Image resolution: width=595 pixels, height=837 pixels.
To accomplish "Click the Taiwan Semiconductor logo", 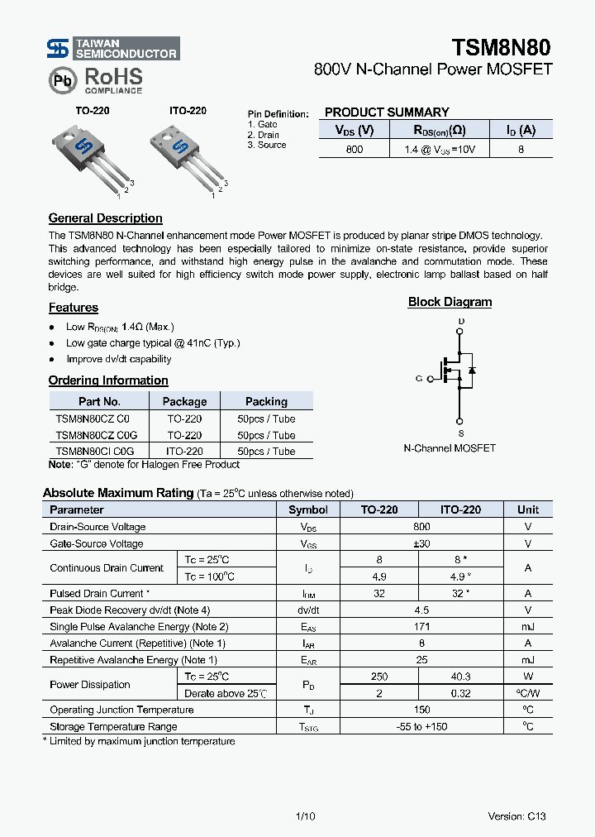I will pyautogui.click(x=112, y=49).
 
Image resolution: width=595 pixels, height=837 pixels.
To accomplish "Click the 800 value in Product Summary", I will pyautogui.click(x=354, y=150).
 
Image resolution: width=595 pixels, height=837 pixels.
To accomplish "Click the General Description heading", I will pyautogui.click(x=105, y=218).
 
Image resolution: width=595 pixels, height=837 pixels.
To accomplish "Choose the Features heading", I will pyautogui.click(x=73, y=308).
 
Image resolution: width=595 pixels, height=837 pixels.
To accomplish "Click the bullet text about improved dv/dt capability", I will pyautogui.click(x=118, y=359).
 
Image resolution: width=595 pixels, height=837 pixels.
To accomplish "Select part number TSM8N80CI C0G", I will pyautogui.click(x=94, y=452).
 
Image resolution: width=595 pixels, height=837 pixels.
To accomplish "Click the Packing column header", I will pyautogui.click(x=266, y=401).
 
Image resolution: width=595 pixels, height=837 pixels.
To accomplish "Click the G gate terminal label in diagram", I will pyautogui.click(x=419, y=378).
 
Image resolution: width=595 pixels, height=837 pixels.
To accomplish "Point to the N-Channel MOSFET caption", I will pyautogui.click(x=450, y=447).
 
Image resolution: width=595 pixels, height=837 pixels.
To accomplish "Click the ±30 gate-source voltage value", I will pyautogui.click(x=421, y=543).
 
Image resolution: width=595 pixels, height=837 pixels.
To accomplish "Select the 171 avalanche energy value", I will pyautogui.click(x=421, y=627).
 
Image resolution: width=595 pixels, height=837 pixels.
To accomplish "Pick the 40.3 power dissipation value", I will pyautogui.click(x=460, y=677).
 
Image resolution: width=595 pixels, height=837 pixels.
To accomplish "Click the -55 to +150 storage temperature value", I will pyautogui.click(x=421, y=726).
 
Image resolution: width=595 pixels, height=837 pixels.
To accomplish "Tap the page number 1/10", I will pyautogui.click(x=305, y=816).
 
